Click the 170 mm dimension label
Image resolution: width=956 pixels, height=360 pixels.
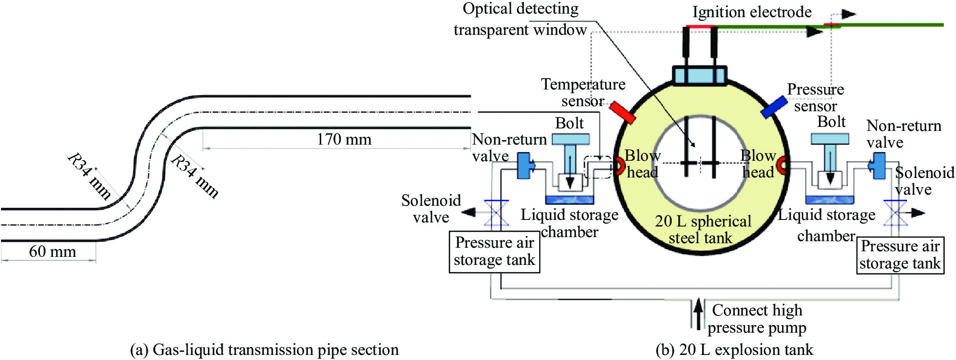click(344, 139)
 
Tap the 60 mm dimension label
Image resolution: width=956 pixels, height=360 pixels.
click(52, 251)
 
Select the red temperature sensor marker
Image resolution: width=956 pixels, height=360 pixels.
click(622, 112)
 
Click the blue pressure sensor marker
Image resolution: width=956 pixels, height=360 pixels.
click(774, 107)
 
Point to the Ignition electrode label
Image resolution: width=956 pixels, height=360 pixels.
click(752, 12)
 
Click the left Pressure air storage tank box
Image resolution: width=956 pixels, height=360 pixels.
click(494, 252)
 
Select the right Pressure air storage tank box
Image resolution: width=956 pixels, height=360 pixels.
click(900, 255)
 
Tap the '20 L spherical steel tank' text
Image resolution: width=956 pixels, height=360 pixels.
click(702, 230)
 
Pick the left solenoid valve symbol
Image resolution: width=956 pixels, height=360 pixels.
click(496, 213)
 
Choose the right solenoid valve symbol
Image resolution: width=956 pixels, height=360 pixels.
click(895, 213)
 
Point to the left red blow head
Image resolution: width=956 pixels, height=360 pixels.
click(618, 165)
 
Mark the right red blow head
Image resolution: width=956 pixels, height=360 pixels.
click(782, 165)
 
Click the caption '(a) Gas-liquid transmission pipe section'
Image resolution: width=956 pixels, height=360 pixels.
click(264, 350)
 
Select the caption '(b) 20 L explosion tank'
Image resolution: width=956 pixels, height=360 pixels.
click(734, 350)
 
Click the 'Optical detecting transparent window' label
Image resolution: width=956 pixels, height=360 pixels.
click(520, 19)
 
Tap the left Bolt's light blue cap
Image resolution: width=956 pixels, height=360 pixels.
click(570, 139)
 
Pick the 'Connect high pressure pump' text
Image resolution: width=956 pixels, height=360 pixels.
click(757, 319)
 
